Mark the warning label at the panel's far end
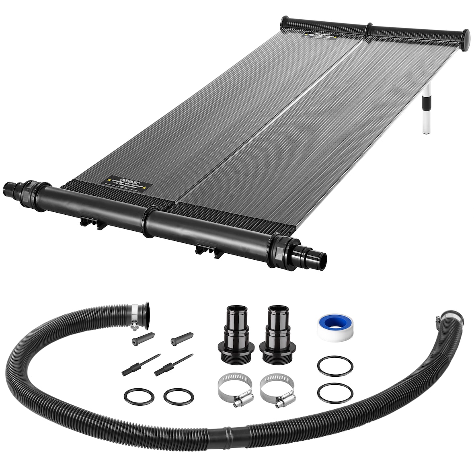click(320, 36)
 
